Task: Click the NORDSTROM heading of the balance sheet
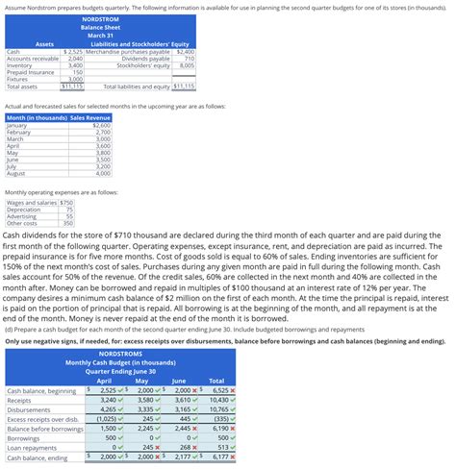pos(100,19)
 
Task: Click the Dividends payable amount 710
pos(189,58)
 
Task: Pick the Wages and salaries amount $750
pos(66,203)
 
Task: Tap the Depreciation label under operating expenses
pos(25,210)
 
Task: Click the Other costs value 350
pos(67,223)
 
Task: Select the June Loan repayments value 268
pos(187,447)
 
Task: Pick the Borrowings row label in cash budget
pos(25,437)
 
